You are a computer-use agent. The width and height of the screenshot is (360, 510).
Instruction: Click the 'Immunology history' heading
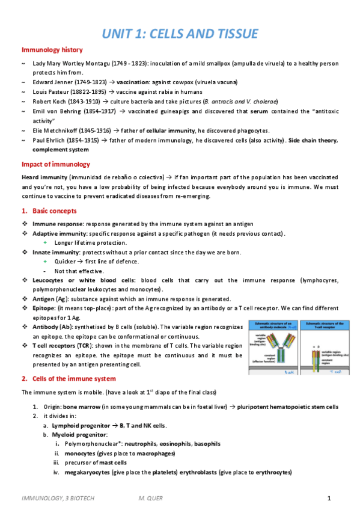point(52,50)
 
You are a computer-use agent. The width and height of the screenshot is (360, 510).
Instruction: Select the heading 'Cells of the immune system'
point(73,379)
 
